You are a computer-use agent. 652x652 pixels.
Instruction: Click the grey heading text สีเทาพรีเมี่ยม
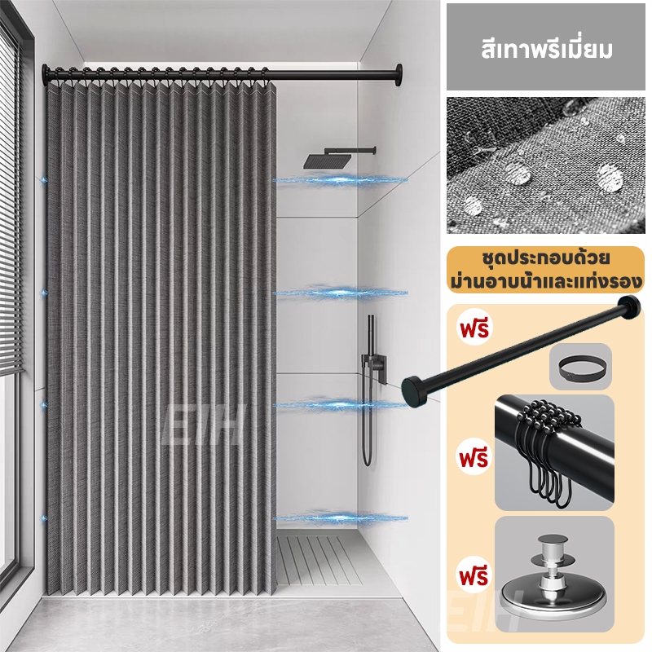(x=547, y=50)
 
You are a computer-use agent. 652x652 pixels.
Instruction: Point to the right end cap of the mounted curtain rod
(x=399, y=75)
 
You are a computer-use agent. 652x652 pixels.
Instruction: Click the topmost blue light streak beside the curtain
(x=340, y=180)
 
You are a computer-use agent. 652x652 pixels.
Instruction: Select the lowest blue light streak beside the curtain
(x=340, y=518)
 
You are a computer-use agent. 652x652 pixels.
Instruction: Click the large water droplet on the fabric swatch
(x=610, y=176)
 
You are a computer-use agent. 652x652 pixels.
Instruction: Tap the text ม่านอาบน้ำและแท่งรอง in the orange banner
(x=546, y=281)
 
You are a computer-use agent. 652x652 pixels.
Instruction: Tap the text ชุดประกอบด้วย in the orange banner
(x=546, y=258)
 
